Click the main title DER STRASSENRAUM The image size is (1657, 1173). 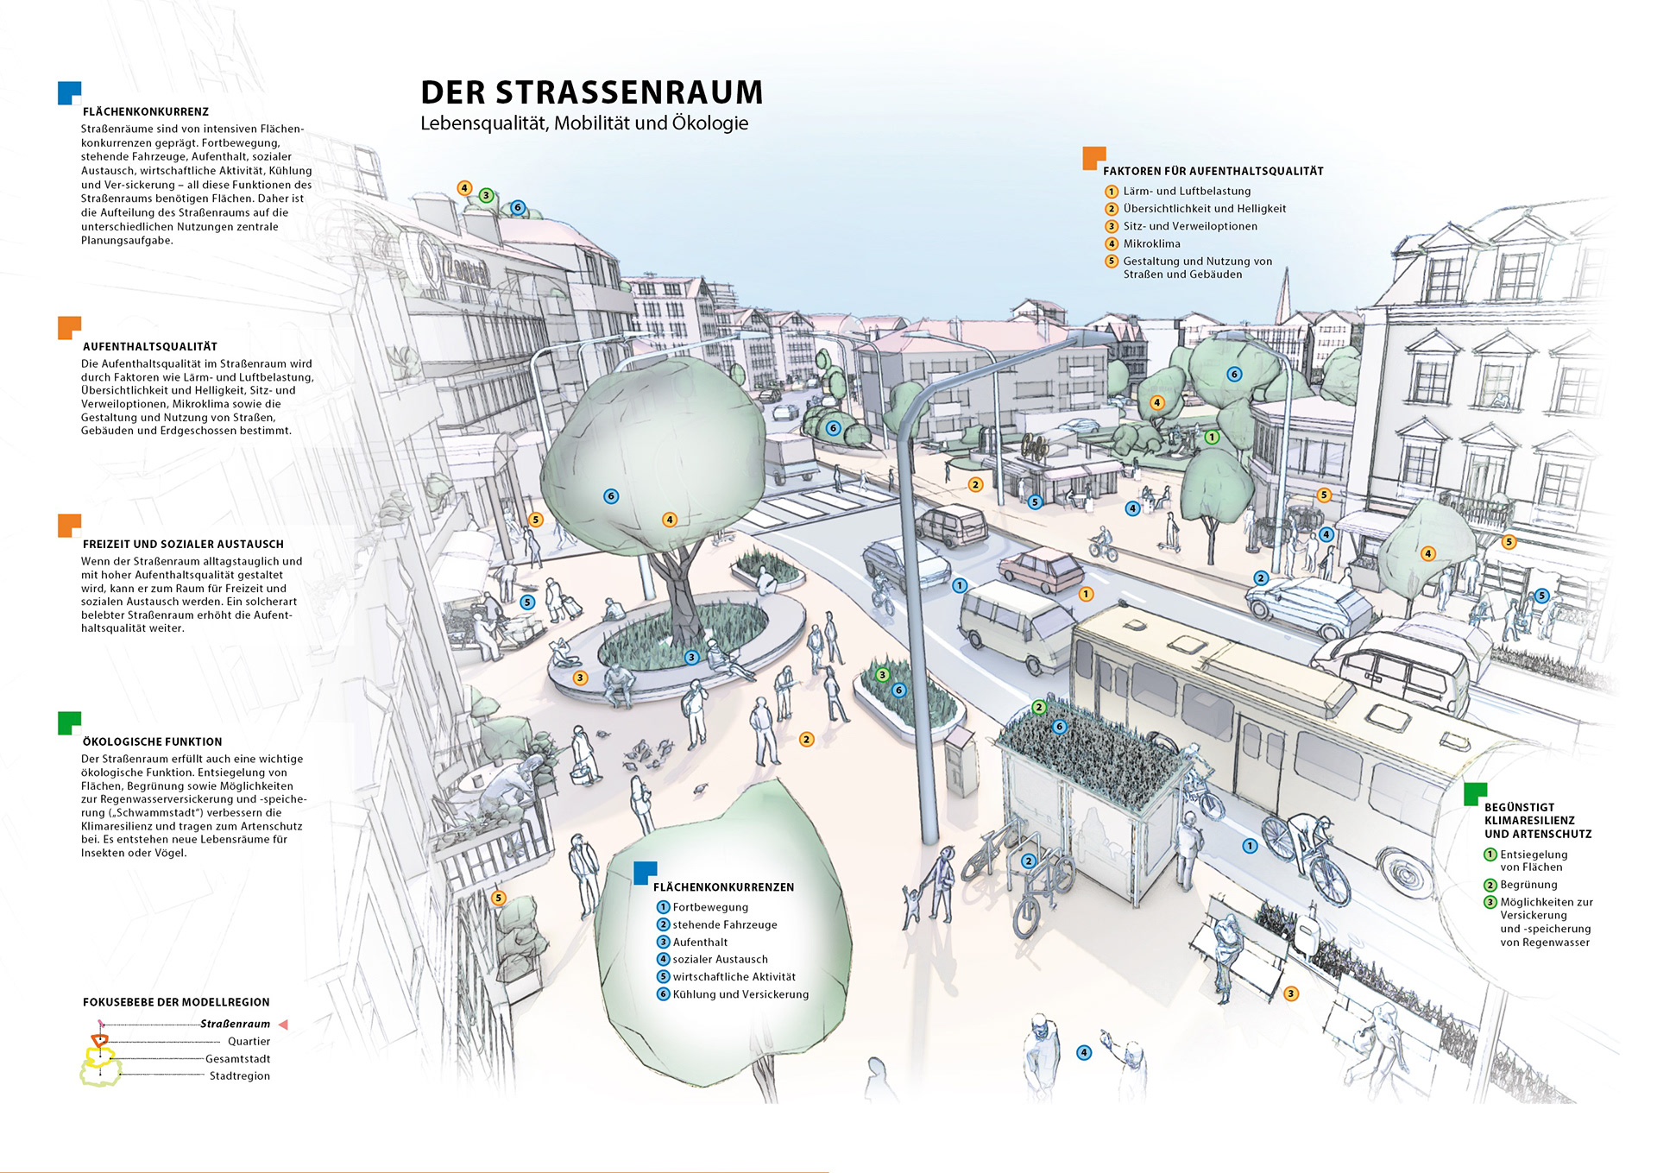click(591, 92)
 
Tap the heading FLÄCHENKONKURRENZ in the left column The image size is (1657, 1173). click(145, 111)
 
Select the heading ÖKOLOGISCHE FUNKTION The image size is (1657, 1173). click(152, 741)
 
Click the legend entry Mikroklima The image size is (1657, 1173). click(1151, 243)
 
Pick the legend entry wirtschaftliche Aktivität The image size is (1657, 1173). click(734, 976)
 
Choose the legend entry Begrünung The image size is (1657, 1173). click(1528, 885)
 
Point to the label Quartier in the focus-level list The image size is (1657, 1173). click(249, 1041)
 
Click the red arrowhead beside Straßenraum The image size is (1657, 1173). click(282, 1025)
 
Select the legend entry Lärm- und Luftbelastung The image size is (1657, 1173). click(1186, 191)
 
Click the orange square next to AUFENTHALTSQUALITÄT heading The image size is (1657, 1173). click(69, 328)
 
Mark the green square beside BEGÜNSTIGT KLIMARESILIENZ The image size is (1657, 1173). click(1475, 793)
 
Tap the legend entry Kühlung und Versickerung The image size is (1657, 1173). click(740, 994)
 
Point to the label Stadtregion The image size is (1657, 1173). click(239, 1075)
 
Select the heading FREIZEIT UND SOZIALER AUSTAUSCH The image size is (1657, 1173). click(183, 544)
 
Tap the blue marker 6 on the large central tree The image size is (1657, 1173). click(611, 496)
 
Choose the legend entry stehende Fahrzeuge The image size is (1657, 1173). click(724, 924)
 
